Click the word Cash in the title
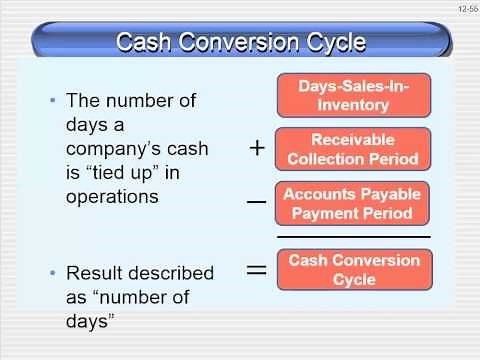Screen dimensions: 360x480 147,42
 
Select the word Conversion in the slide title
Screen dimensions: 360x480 243,42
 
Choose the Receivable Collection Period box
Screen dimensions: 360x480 353,149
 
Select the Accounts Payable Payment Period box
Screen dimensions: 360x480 353,203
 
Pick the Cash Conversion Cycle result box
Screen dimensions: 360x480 353,268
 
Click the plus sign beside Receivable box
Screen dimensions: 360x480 257,148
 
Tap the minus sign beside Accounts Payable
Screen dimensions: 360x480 256,202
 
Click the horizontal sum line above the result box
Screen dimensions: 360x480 353,237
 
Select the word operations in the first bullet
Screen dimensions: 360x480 111,198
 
